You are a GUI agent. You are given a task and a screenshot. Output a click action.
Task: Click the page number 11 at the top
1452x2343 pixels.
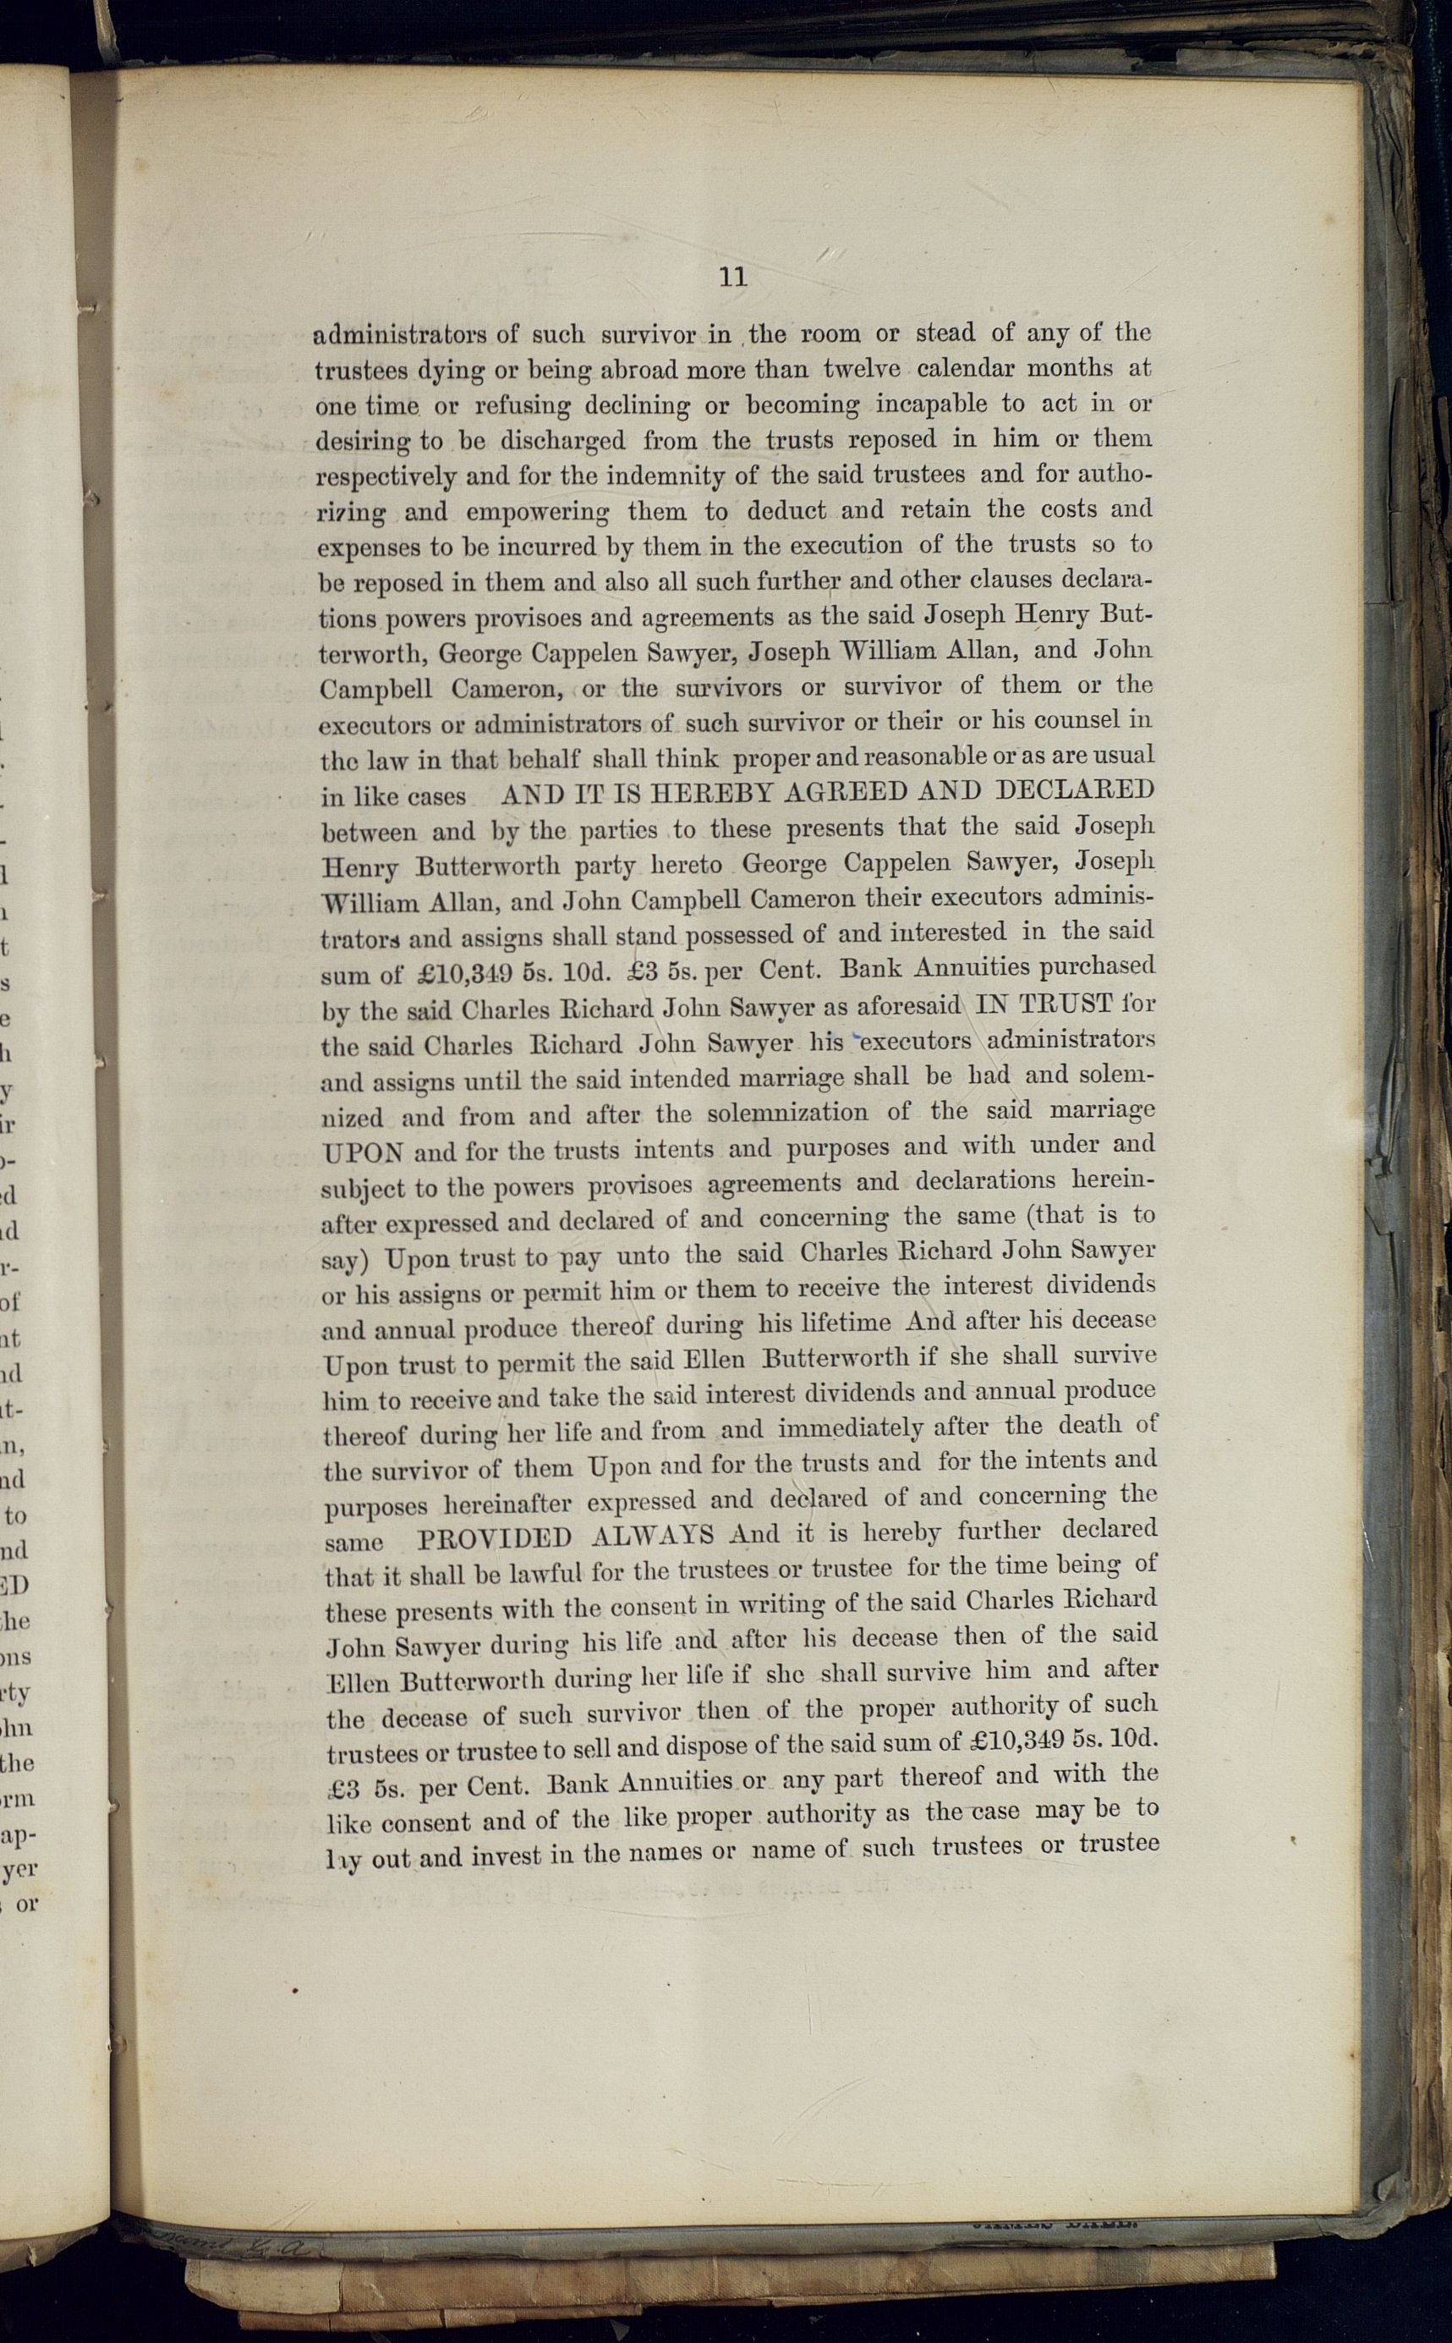[732, 278]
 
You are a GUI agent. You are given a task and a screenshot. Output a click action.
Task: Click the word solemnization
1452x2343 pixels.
[788, 1114]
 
